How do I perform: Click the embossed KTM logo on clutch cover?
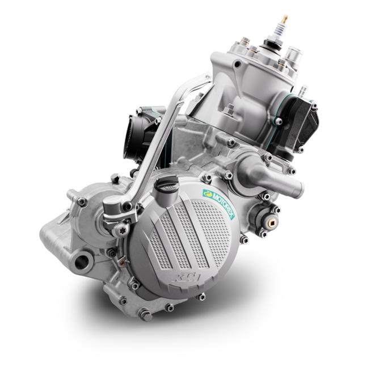pos(187,277)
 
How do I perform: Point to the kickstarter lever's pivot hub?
pos(115,206)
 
